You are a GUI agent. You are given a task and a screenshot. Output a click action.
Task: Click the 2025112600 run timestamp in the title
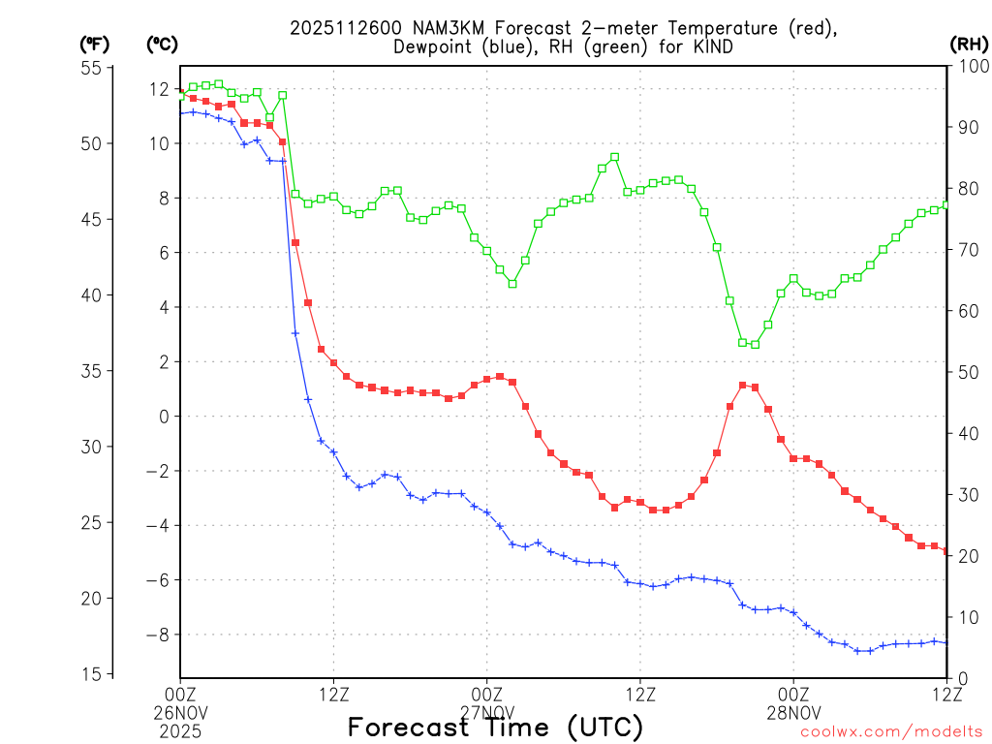(x=338, y=28)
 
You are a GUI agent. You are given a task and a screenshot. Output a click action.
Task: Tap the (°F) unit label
(x=94, y=44)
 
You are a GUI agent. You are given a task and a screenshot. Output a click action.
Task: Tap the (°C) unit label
(x=161, y=44)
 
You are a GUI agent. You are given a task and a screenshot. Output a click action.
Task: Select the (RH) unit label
(x=968, y=44)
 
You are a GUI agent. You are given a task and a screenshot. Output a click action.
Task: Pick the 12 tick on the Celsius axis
(x=158, y=89)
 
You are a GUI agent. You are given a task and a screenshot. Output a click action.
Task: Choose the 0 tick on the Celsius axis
(x=164, y=417)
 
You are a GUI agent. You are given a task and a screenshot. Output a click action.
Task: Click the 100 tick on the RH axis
(x=969, y=67)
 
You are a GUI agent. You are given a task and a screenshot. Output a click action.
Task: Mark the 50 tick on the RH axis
(x=965, y=372)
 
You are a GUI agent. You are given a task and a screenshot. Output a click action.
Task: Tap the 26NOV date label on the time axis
(x=180, y=711)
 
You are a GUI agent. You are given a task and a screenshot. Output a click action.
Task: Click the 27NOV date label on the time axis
(x=486, y=711)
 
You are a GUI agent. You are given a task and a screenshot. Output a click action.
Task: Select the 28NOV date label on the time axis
(x=793, y=711)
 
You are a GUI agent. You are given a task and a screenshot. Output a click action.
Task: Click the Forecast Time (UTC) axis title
(x=496, y=728)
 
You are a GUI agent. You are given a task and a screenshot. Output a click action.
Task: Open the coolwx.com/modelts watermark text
(x=891, y=731)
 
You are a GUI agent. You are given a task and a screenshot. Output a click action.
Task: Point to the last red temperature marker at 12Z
(x=946, y=551)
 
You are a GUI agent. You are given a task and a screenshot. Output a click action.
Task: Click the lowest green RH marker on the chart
(x=755, y=344)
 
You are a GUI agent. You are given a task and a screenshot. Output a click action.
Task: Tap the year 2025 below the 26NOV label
(x=180, y=728)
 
